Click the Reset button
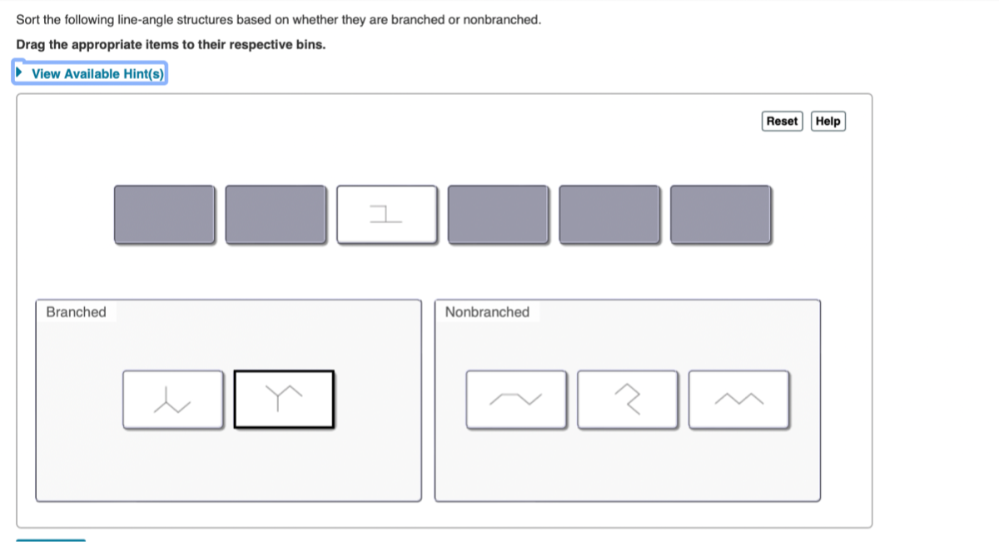coord(782,122)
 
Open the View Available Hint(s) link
coord(97,74)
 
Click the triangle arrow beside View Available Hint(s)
coord(20,73)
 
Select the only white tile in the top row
coord(386,215)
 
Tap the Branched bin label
coord(76,312)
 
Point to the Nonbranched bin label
coord(487,312)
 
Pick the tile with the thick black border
coord(284,400)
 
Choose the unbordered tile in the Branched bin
coord(172,400)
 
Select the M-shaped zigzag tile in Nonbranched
coord(738,400)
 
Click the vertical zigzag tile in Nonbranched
coord(627,400)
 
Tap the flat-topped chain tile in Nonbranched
coord(516,400)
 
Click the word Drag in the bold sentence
coord(30,44)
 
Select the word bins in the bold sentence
coord(311,44)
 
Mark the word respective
coord(259,44)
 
